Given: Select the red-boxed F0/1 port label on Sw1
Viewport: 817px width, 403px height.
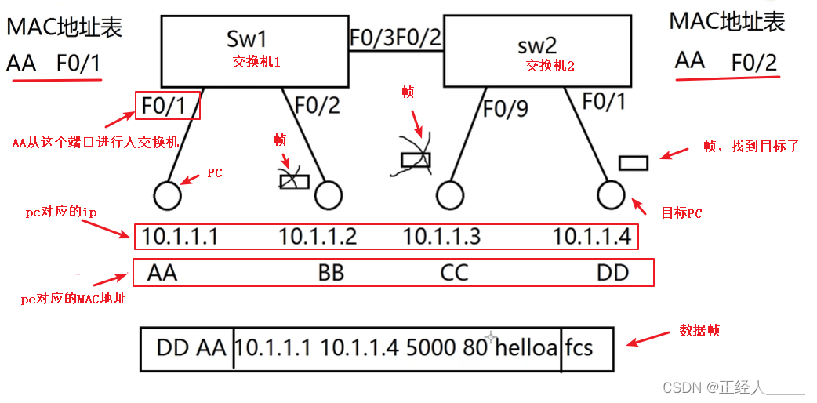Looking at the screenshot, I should coord(167,105).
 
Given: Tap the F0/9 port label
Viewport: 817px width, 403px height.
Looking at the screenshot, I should coord(506,109).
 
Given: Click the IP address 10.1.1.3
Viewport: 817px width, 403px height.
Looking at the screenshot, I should coord(441,236).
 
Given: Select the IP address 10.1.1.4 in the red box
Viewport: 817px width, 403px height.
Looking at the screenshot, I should coord(590,236).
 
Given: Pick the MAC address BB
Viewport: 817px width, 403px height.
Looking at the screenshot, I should coord(331,273).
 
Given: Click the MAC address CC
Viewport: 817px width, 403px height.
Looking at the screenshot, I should coord(454,273).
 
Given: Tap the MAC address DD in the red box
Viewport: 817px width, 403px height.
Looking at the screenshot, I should coord(612,273).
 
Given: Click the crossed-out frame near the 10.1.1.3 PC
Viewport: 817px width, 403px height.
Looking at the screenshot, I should coord(416,160).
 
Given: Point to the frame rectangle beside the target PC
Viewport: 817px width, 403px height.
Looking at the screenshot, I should coord(633,163).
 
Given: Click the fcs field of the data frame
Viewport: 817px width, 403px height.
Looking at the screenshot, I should coord(579,347).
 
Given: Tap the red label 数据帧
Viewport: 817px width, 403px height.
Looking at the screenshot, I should coord(699,332).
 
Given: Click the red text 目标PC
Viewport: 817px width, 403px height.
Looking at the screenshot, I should coord(682,212).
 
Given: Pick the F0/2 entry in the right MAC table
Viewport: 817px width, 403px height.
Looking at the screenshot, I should coord(754,62).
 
